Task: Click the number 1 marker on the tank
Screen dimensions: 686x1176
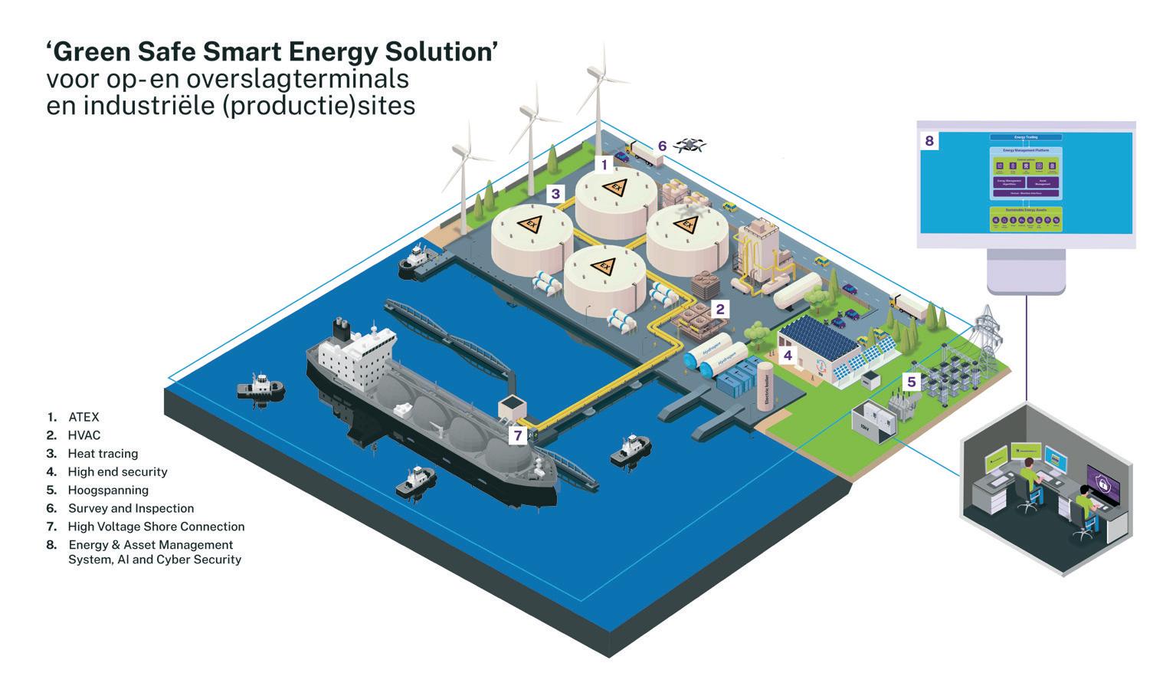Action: pos(604,164)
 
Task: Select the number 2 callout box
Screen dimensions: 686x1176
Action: pos(719,310)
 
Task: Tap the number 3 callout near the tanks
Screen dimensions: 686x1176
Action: pos(555,194)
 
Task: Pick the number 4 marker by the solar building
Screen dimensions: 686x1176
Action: pos(787,355)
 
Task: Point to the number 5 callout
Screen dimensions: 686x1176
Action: pos(911,381)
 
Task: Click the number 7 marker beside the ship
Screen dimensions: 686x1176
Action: pos(518,436)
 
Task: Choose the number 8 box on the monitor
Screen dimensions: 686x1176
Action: pos(929,141)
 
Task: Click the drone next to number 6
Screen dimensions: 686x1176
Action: pos(692,144)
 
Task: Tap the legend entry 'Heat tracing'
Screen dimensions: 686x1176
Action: pos(103,454)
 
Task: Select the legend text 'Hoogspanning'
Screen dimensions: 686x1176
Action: pos(108,490)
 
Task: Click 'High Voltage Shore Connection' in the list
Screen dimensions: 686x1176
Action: pos(156,527)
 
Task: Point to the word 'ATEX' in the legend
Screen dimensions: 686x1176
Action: pos(84,417)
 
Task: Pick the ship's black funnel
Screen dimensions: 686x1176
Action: pos(340,328)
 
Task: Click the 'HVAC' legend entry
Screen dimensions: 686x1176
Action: pos(84,435)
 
